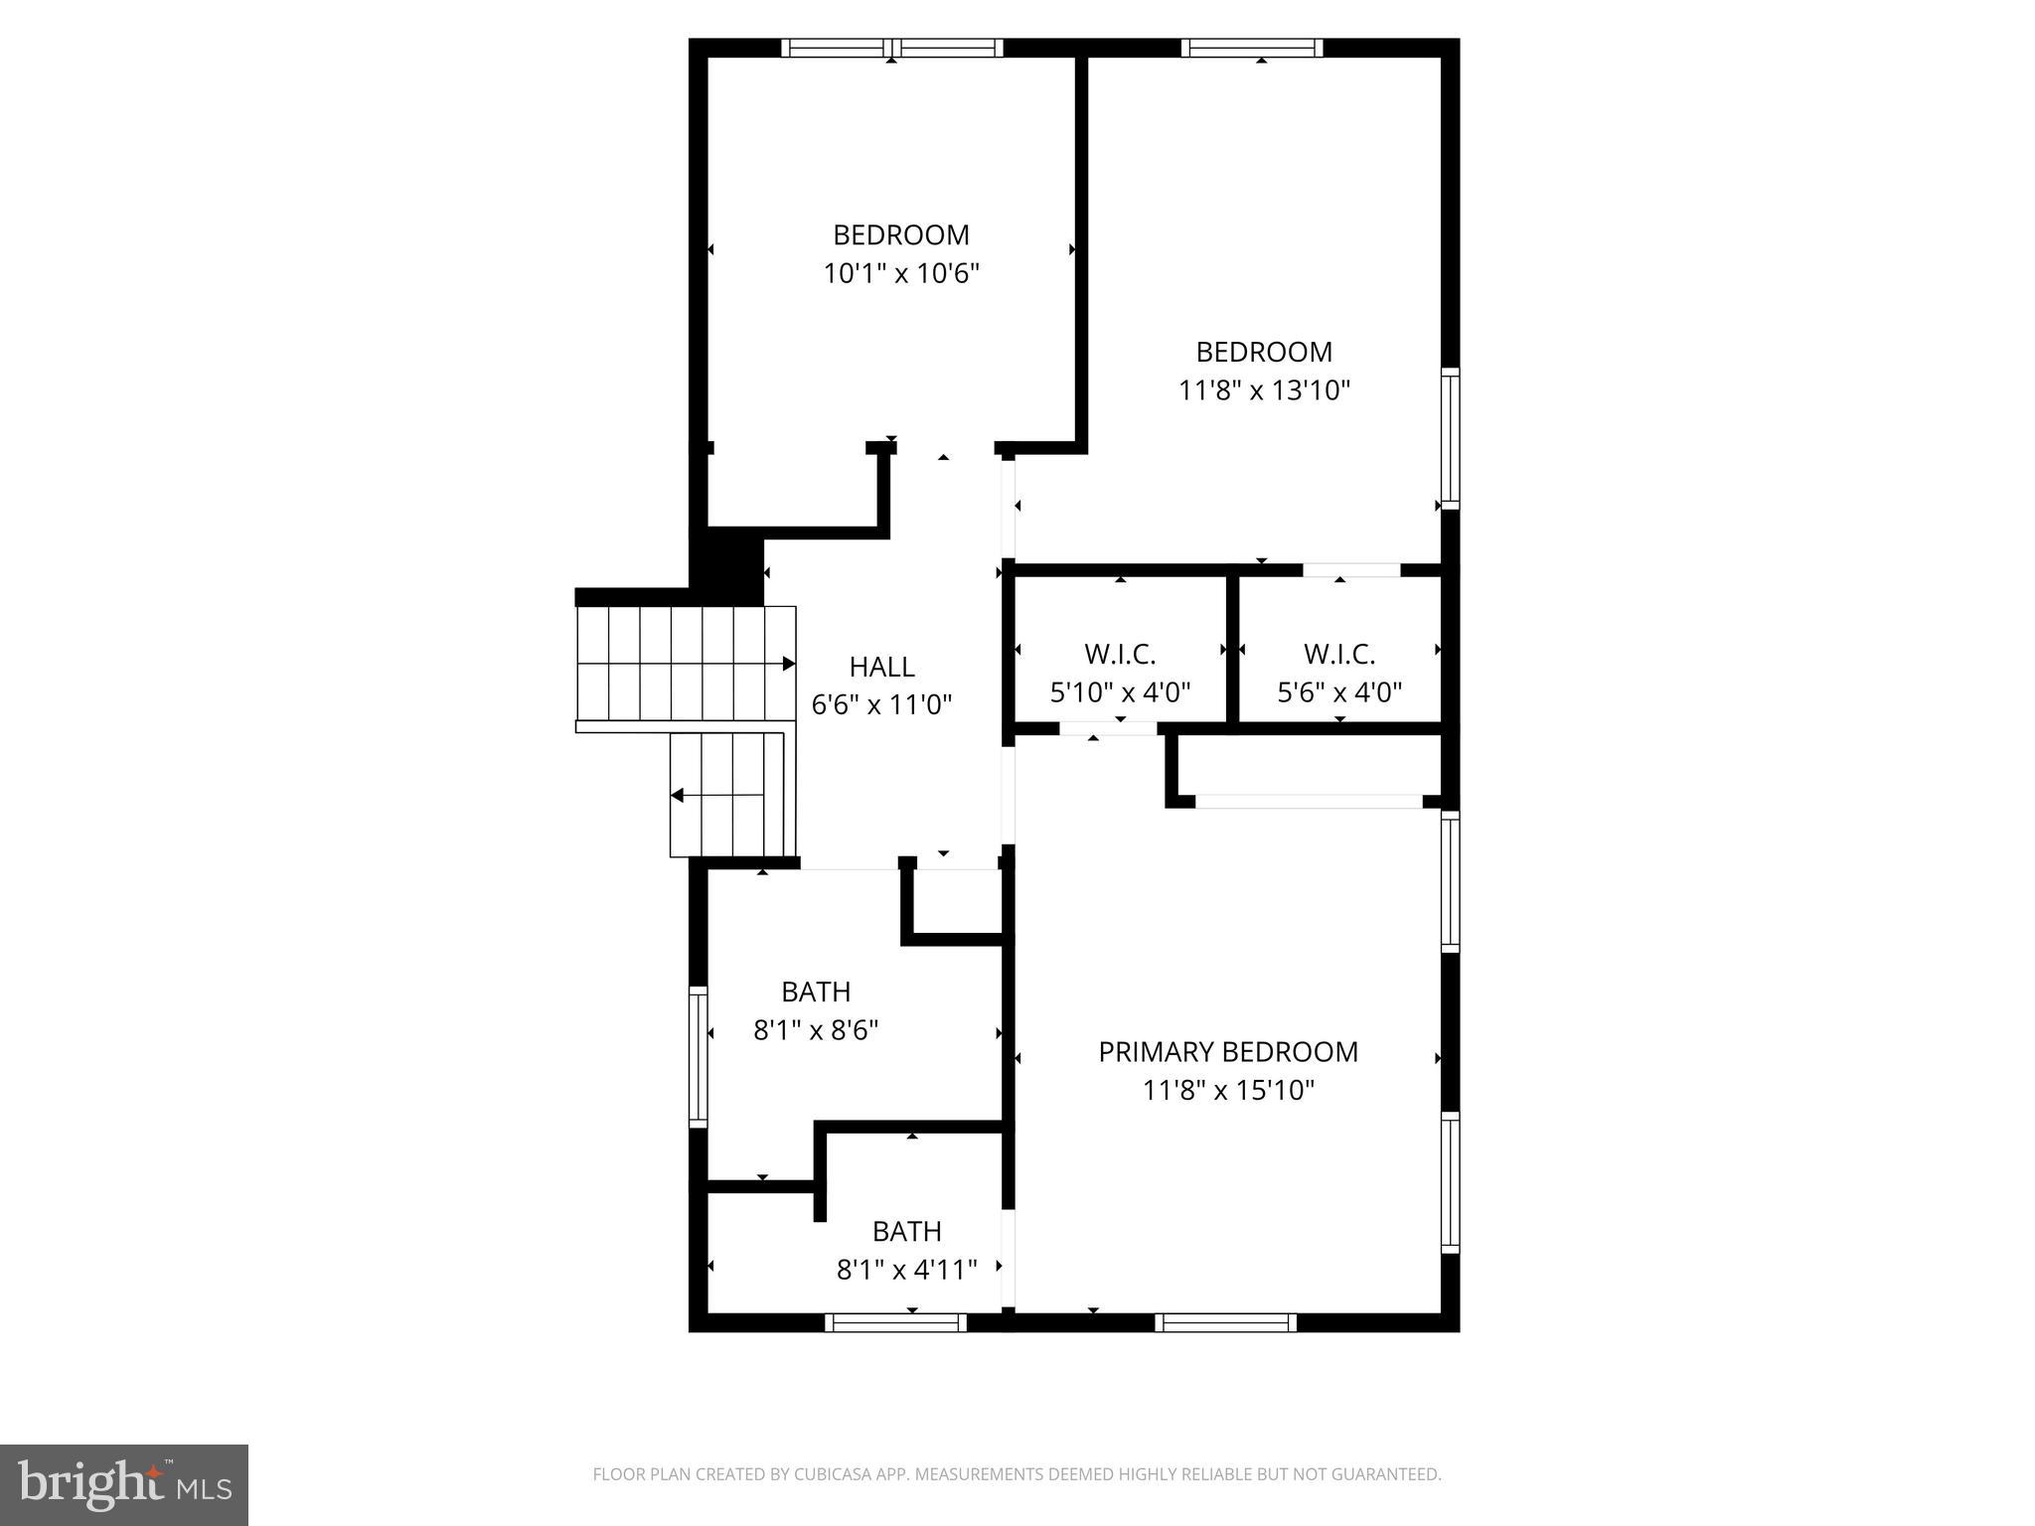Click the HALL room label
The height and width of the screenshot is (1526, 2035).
(x=881, y=667)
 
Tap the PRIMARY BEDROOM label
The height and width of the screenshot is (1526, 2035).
(x=1227, y=1052)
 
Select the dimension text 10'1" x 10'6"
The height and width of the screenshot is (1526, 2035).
(x=901, y=273)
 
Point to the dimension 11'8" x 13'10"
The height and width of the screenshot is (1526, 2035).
(x=1264, y=390)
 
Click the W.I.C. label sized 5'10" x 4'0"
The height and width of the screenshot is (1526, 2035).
(x=1120, y=655)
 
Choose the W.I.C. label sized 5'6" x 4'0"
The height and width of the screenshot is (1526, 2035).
(x=1338, y=655)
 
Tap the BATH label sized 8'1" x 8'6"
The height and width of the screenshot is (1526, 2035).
(x=816, y=992)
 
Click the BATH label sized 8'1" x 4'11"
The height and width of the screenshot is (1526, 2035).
(x=906, y=1232)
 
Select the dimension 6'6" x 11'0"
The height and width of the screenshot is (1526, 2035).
(x=881, y=705)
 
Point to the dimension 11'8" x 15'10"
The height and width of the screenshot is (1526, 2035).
(x=1228, y=1091)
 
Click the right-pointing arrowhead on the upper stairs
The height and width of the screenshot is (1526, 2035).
(x=789, y=664)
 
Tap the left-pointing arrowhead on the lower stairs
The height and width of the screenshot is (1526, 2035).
(x=677, y=796)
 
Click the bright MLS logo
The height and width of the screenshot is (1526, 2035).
(x=123, y=1484)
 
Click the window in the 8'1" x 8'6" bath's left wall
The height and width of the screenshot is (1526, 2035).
(x=699, y=1056)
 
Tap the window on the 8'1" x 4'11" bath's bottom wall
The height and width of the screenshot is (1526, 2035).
(x=895, y=1322)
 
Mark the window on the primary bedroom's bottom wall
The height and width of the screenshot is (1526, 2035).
(x=1225, y=1322)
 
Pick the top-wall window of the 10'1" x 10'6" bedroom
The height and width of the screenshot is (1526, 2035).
(x=891, y=48)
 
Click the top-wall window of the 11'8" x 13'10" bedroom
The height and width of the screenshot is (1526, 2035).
(x=1252, y=48)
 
